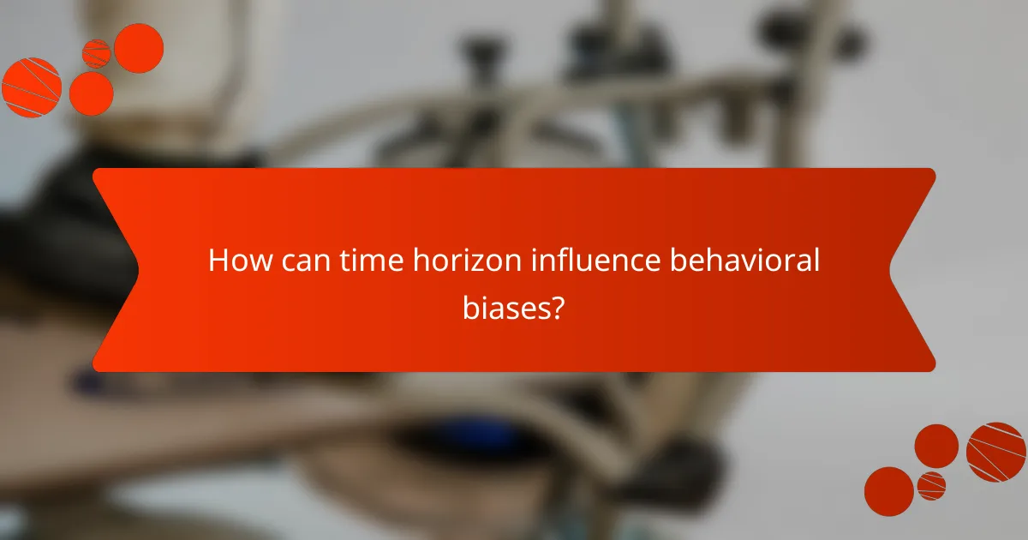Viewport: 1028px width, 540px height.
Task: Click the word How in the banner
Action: pyautogui.click(x=234, y=260)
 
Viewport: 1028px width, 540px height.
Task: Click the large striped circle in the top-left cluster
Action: pyautogui.click(x=31, y=87)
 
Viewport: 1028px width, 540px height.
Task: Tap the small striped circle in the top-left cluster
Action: pyautogui.click(x=96, y=53)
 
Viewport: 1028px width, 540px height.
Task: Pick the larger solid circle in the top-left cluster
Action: pyautogui.click(x=139, y=48)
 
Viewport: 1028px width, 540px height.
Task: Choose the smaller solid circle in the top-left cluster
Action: pyautogui.click(x=91, y=93)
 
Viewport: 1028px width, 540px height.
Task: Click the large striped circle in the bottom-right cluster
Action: pyautogui.click(x=996, y=452)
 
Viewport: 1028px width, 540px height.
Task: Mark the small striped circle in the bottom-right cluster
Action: pyautogui.click(x=931, y=485)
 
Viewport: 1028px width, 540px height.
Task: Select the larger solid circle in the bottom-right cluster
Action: pyautogui.click(x=888, y=491)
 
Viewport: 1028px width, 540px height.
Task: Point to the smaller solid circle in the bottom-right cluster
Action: pyautogui.click(x=936, y=446)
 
